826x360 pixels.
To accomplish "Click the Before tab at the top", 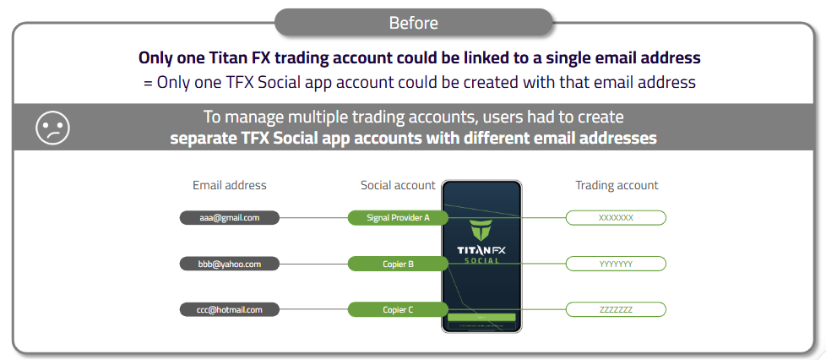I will click(413, 22).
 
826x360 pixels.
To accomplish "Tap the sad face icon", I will click(52, 127).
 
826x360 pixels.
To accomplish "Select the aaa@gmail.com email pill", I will click(229, 218).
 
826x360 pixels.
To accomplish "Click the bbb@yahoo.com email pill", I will click(229, 264).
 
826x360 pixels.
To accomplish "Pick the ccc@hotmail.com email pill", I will click(229, 309).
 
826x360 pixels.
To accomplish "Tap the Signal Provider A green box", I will click(398, 218).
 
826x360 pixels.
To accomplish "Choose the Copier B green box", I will click(398, 264).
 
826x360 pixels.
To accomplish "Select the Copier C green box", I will click(398, 309).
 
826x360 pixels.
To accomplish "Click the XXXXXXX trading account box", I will click(616, 218).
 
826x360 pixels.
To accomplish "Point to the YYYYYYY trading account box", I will click(616, 264).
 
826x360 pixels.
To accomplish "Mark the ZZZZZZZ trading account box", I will click(616, 309).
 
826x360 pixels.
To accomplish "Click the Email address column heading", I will click(229, 185).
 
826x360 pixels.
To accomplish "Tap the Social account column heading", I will click(398, 185).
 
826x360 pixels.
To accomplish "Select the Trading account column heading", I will click(617, 185).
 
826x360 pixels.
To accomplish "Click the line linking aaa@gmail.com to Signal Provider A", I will click(312, 218).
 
